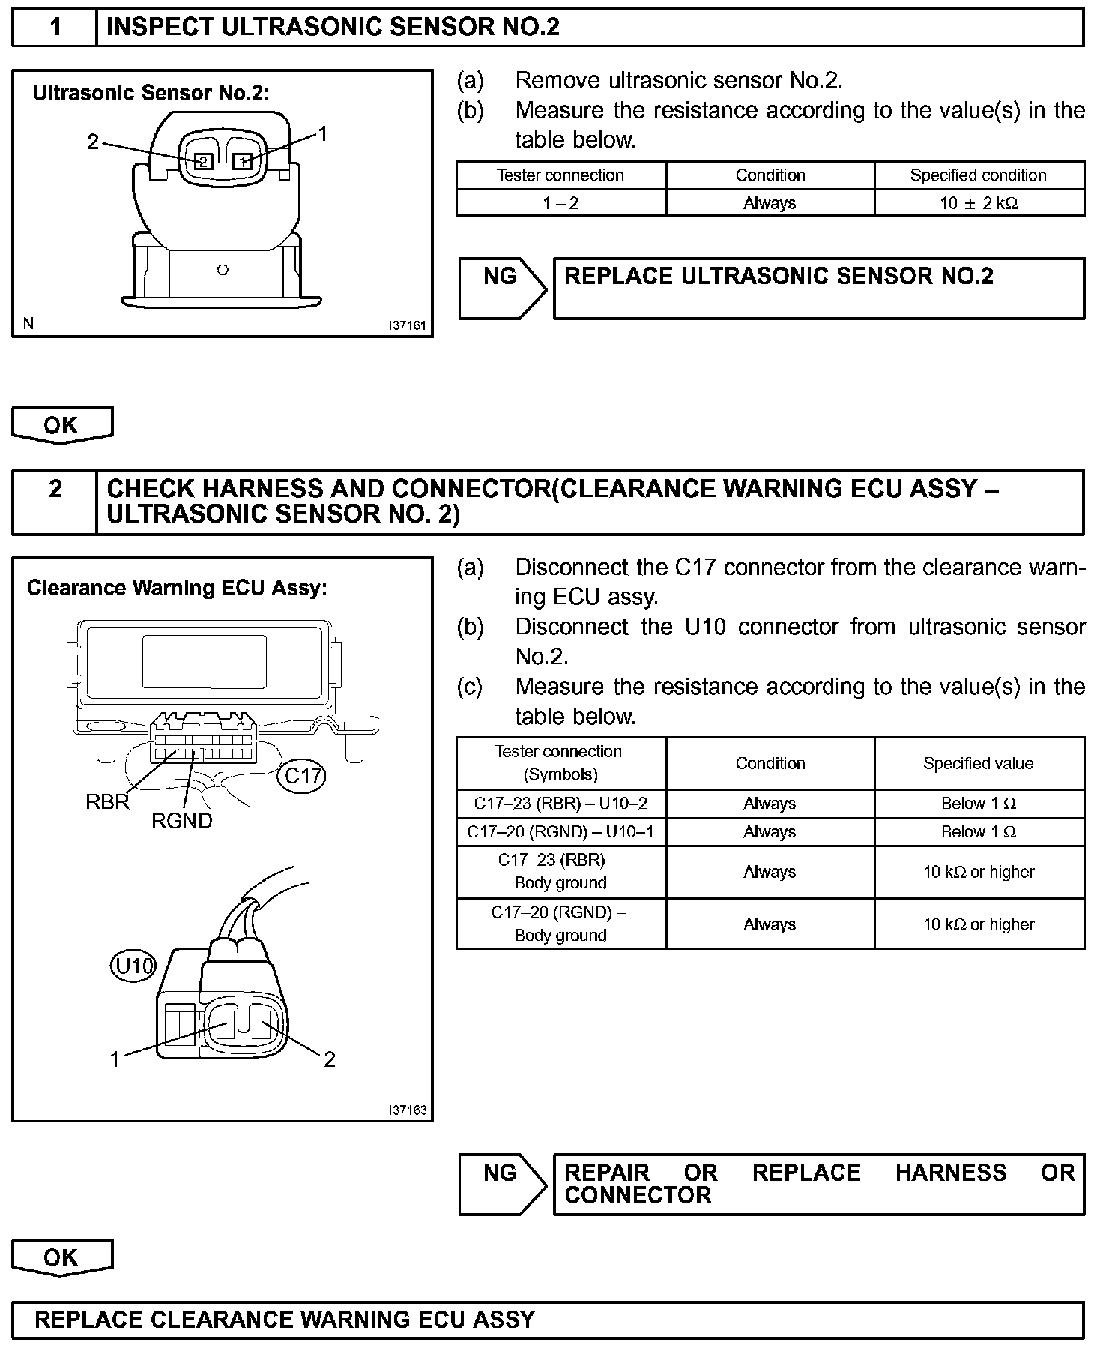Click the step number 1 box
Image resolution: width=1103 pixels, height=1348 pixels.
pyautogui.click(x=55, y=28)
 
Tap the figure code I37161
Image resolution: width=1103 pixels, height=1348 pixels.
pyautogui.click(x=407, y=326)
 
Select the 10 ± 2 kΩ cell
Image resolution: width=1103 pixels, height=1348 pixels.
pyautogui.click(x=979, y=203)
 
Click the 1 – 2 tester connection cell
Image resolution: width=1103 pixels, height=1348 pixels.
pyautogui.click(x=560, y=203)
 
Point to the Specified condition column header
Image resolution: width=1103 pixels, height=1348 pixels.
pyautogui.click(x=979, y=175)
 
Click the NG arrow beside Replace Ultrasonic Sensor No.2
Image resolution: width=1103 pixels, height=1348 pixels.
pyautogui.click(x=502, y=287)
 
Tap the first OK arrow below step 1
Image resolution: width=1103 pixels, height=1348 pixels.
pyautogui.click(x=61, y=425)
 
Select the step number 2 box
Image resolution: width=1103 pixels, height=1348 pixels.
pyautogui.click(x=55, y=502)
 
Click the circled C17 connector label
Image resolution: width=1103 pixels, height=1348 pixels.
pyautogui.click(x=303, y=776)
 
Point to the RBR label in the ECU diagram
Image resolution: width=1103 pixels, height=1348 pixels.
pyautogui.click(x=107, y=802)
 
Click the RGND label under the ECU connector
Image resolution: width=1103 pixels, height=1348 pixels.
pyautogui.click(x=181, y=821)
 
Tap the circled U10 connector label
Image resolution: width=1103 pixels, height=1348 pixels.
pyautogui.click(x=133, y=966)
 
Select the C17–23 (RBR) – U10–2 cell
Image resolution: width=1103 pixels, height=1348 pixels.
pyautogui.click(x=560, y=804)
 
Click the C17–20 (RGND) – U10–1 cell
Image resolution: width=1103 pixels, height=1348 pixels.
pyautogui.click(x=560, y=832)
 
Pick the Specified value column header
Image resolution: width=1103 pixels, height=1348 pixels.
pyautogui.click(x=979, y=763)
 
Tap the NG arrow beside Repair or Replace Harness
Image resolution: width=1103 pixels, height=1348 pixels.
pyautogui.click(x=502, y=1184)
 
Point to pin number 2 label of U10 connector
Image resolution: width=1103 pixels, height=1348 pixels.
pyautogui.click(x=329, y=1059)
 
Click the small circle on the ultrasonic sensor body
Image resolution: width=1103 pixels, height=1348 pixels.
pyautogui.click(x=222, y=270)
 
